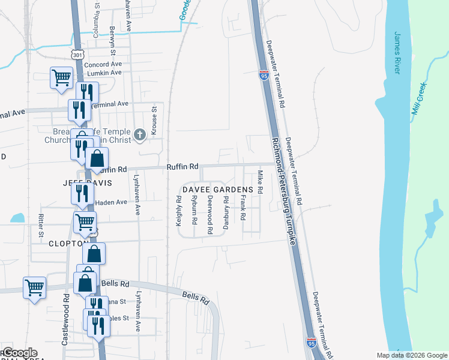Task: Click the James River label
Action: point(397,53)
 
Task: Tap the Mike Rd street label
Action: point(260,182)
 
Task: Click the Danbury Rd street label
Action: point(226,212)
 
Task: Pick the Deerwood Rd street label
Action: point(210,214)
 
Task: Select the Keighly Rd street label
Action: point(178,211)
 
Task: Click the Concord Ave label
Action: point(103,64)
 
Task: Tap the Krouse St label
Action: point(154,121)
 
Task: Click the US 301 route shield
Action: point(77,55)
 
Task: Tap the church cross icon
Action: point(139,134)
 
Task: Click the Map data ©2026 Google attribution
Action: point(412,355)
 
